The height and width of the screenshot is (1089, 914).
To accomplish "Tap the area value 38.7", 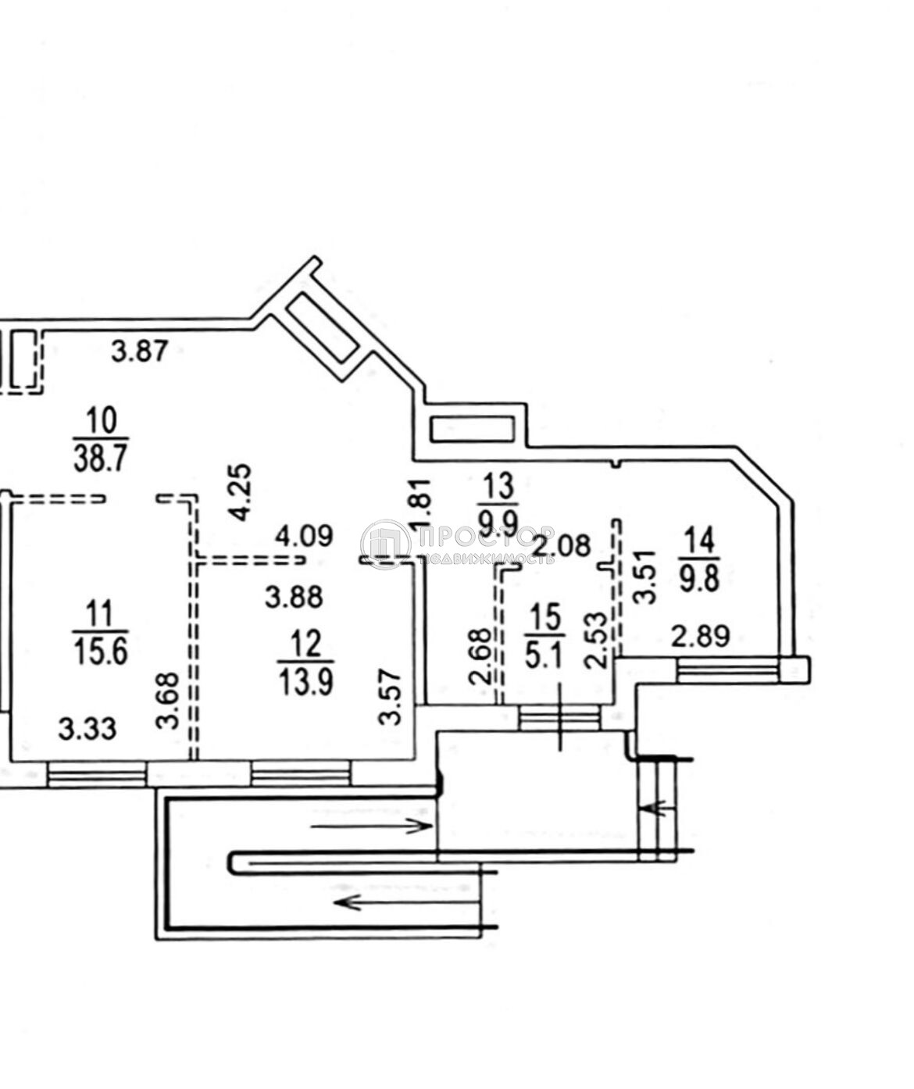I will (101, 458).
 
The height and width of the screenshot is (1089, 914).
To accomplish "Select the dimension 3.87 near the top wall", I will (139, 352).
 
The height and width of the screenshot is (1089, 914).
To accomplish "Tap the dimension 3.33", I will (87, 730).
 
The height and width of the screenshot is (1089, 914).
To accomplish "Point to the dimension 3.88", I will (294, 598).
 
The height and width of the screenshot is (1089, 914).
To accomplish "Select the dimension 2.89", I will (701, 636).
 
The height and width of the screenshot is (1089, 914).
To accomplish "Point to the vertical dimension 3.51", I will (644, 576).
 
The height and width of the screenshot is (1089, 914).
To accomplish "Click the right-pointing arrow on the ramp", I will (372, 825).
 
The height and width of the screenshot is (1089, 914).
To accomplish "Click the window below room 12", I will (300, 773).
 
